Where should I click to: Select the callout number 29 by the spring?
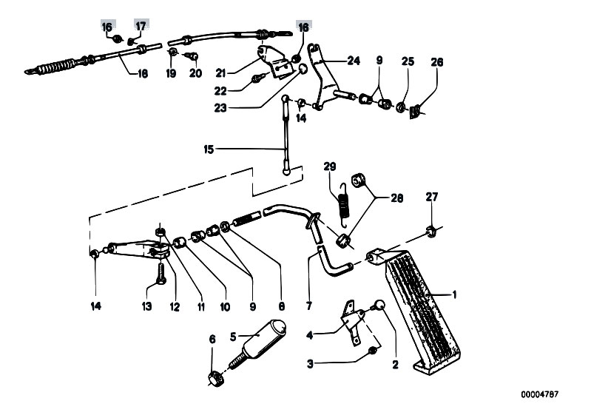pos(329,166)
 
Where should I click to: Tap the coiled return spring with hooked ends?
pos(344,206)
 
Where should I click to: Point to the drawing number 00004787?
pos(540,394)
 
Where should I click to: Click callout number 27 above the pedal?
pos(432,197)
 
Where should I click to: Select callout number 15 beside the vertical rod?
pos(209,149)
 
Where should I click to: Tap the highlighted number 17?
pos(141,27)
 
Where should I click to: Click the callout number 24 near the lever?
pos(354,61)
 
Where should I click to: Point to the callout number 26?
pos(437,62)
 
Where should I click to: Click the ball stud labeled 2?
pos(379,306)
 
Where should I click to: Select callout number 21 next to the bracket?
pos(221,73)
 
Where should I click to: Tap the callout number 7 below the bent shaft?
pos(309,306)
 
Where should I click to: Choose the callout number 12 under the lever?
pos(175,306)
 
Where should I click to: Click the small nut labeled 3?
pos(373,350)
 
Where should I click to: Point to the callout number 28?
pos(397,198)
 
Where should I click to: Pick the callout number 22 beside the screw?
pos(221,91)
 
